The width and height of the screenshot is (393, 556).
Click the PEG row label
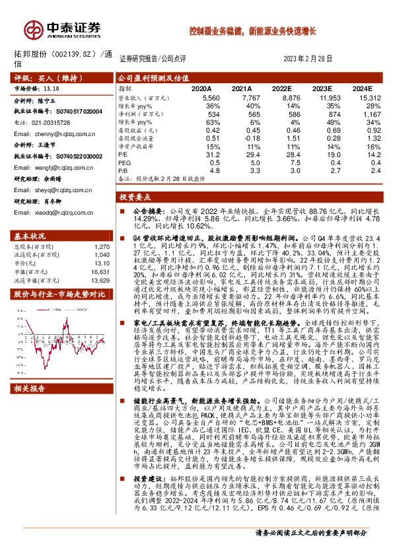coord(124,163)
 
